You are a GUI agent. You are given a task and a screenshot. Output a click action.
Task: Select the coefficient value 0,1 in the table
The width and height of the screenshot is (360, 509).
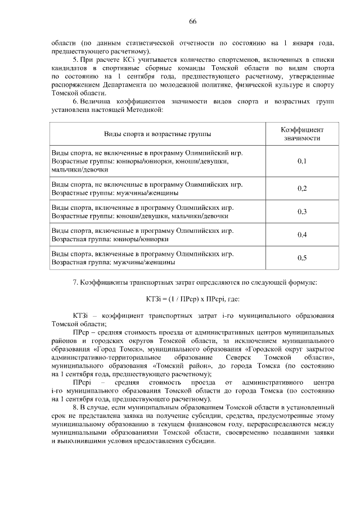(302, 161)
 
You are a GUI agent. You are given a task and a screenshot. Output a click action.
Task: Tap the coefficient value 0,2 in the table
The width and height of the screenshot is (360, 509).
(302, 188)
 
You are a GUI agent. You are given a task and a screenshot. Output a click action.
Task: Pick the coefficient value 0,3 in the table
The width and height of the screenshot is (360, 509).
(302, 211)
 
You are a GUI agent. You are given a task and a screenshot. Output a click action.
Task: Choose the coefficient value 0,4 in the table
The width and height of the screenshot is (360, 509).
(302, 235)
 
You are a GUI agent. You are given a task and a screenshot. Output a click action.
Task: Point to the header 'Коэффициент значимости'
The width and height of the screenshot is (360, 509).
(302, 133)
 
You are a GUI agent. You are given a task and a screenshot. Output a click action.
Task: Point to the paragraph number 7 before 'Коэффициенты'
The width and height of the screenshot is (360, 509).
(75, 281)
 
